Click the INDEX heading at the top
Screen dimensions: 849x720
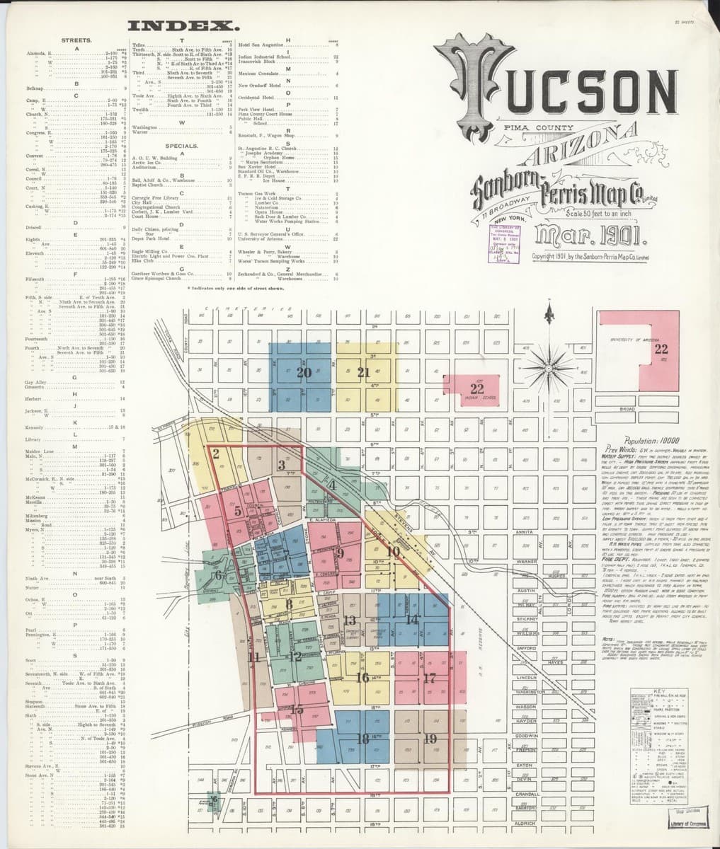click(182, 27)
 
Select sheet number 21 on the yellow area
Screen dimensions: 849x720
click(364, 372)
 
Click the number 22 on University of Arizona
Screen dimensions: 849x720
click(661, 349)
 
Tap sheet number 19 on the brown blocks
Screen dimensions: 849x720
click(429, 738)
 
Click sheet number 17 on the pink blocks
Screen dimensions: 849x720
click(429, 678)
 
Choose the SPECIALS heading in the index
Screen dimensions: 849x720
click(181, 145)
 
